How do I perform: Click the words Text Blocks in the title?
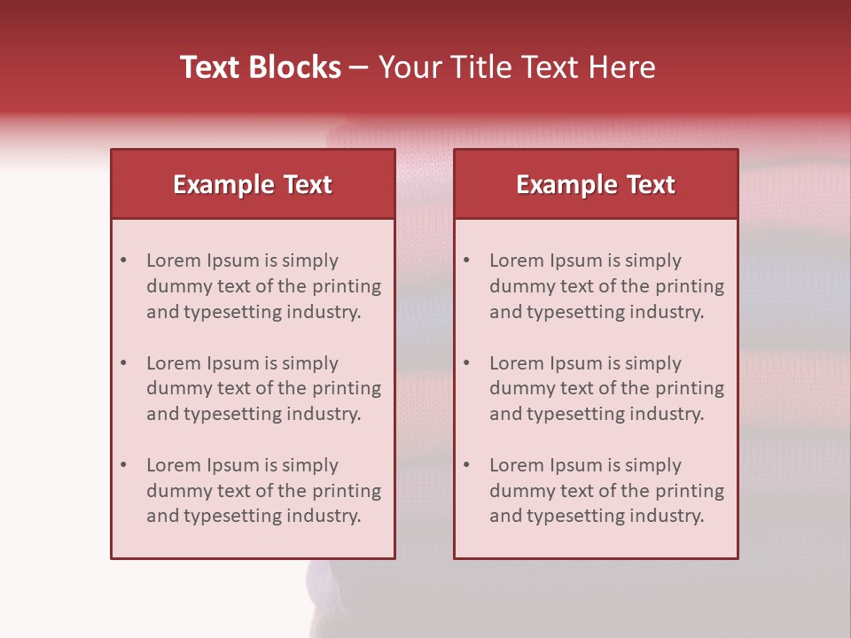pos(260,67)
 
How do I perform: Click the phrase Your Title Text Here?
pos(517,67)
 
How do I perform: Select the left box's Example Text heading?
pos(253,184)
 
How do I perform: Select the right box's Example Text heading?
pos(596,184)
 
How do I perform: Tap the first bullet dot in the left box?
pos(124,261)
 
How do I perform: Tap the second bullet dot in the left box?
pos(124,363)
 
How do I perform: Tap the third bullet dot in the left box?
pos(124,465)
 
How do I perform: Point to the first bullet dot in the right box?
pos(467,261)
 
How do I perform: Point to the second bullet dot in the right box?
pos(467,363)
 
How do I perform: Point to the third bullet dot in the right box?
pos(467,465)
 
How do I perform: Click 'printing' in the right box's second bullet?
pos(691,388)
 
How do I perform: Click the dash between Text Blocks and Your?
pos(359,67)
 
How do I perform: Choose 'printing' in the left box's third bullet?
pos(348,491)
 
